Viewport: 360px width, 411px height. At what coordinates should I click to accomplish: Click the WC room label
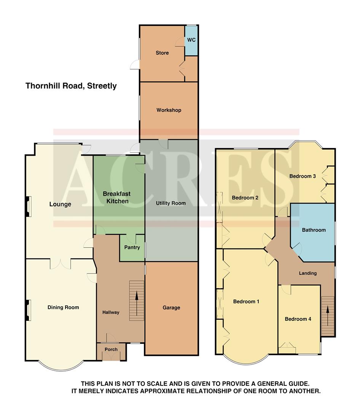point(191,40)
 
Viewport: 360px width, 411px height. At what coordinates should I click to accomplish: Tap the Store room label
point(162,53)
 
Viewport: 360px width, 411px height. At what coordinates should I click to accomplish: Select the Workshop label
point(169,110)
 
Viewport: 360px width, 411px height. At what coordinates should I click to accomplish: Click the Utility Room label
point(171,203)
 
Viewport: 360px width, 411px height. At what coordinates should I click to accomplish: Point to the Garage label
point(171,307)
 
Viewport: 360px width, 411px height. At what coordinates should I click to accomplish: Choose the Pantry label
point(132,247)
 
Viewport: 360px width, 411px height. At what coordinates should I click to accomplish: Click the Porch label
point(111,349)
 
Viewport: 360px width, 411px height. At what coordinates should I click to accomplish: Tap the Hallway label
point(111,312)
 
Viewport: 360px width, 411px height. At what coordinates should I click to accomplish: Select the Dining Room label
point(63,307)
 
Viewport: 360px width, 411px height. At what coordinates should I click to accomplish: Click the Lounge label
point(60,204)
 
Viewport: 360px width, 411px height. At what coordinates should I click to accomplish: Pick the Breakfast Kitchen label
point(116,197)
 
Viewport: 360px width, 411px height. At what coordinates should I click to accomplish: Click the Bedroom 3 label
point(303,176)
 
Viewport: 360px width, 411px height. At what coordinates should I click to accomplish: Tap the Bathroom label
point(314,230)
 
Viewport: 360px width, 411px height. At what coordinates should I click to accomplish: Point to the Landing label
point(307,273)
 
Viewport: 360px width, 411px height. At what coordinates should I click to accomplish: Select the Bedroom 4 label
point(298,319)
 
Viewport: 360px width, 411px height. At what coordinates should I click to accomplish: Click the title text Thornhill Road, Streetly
point(71,86)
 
